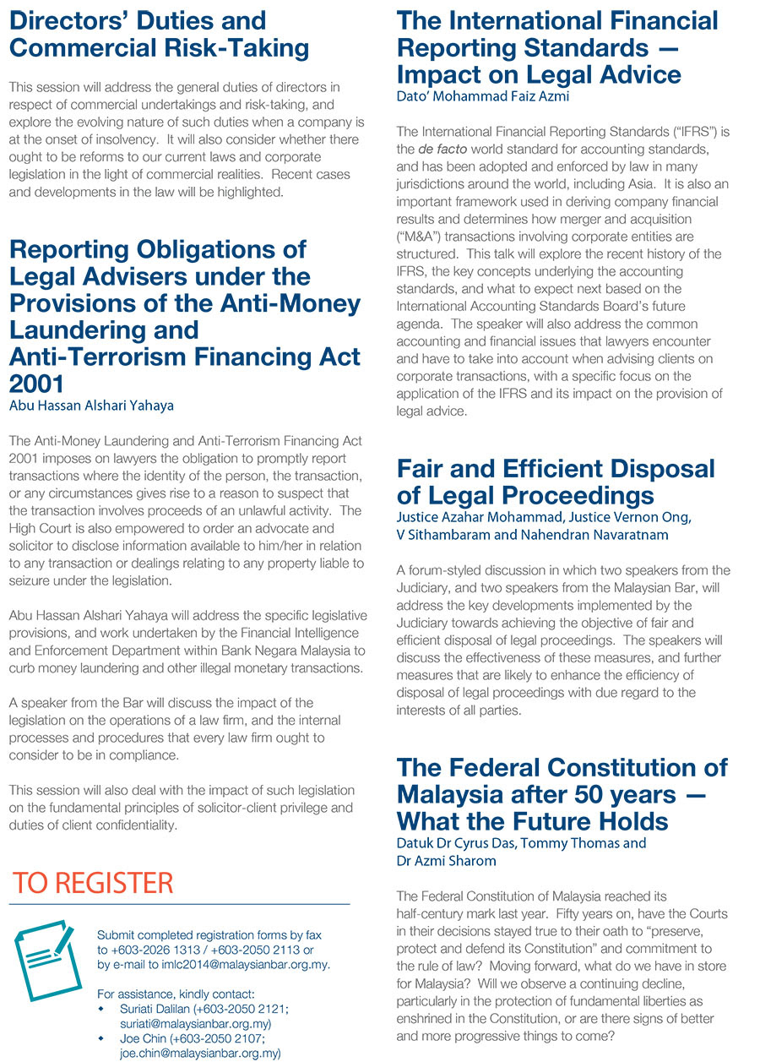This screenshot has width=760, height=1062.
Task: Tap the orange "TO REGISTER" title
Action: click(x=93, y=883)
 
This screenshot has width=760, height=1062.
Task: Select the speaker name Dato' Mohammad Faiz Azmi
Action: click(x=483, y=96)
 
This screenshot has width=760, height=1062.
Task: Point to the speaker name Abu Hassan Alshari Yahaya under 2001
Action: click(x=91, y=406)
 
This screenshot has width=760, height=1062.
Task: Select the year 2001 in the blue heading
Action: click(x=37, y=384)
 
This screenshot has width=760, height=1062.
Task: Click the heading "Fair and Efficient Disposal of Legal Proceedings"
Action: click(x=556, y=482)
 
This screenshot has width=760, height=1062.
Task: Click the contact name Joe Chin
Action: click(x=144, y=1038)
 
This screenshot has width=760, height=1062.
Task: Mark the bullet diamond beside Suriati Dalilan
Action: click(x=101, y=1010)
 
